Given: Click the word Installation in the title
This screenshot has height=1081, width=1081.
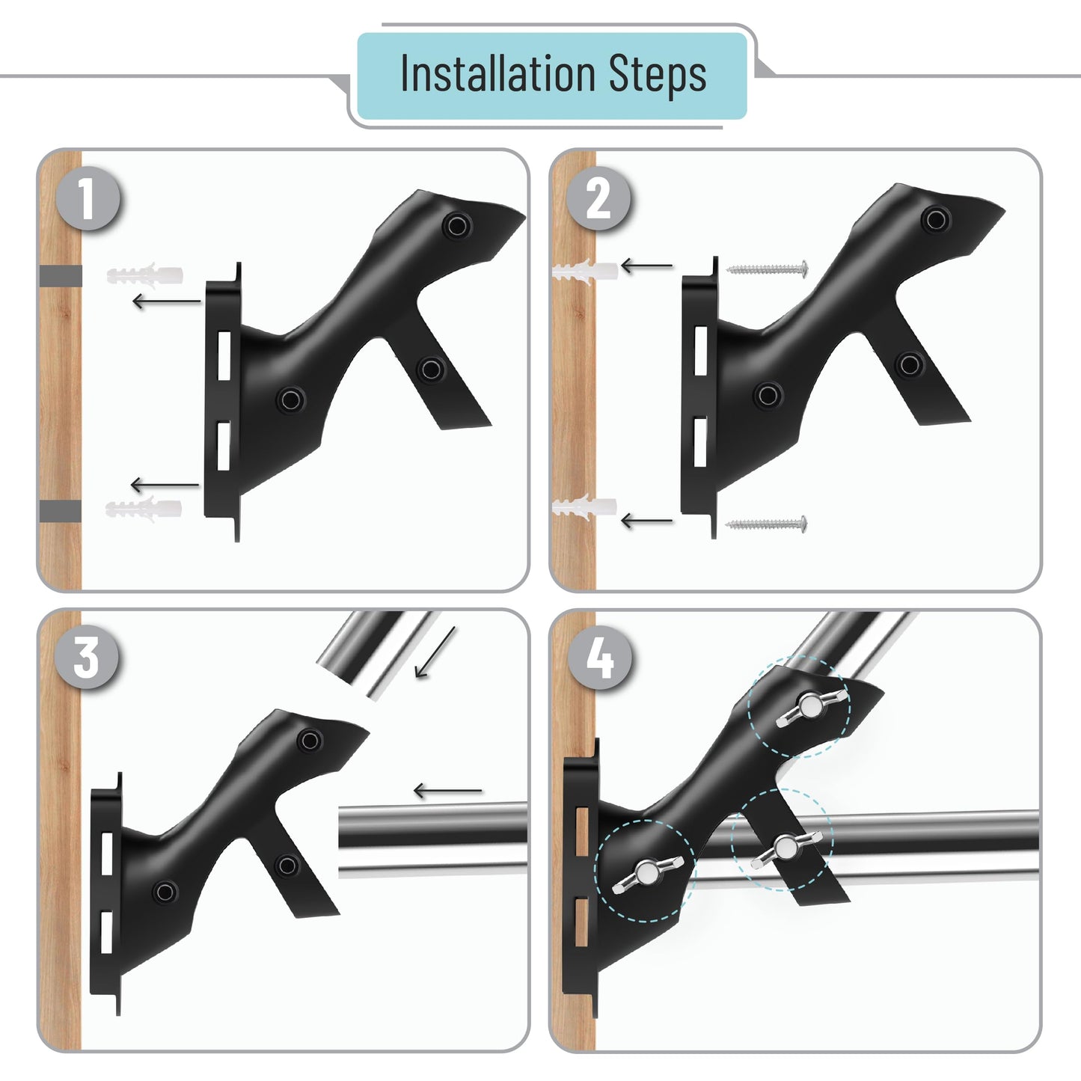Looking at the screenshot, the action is coord(497,75).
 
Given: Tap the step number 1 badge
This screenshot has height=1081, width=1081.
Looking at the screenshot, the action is coord(88,198).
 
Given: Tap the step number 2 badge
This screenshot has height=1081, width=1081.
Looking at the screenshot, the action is coord(598,198).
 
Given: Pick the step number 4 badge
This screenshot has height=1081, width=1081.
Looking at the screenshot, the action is coord(600,658).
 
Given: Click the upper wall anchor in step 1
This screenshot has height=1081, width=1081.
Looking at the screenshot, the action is coord(144,275).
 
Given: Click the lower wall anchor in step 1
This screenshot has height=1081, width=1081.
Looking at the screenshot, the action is coord(144,509).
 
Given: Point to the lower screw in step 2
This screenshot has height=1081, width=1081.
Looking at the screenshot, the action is coord(766,524).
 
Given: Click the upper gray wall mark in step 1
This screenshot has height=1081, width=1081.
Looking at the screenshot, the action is coord(61,276).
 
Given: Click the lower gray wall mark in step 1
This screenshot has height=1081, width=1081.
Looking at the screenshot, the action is coord(61,510).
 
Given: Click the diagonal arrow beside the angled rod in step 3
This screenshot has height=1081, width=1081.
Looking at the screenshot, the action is coord(435,652).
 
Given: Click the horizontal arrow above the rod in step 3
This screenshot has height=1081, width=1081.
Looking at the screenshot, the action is coord(447,791).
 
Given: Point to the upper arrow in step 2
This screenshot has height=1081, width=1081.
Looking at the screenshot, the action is coord(647,265).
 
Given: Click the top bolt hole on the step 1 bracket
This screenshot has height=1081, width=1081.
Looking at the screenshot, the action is coord(457,225).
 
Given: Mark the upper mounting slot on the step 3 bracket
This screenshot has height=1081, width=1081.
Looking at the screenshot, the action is coord(107,854).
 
